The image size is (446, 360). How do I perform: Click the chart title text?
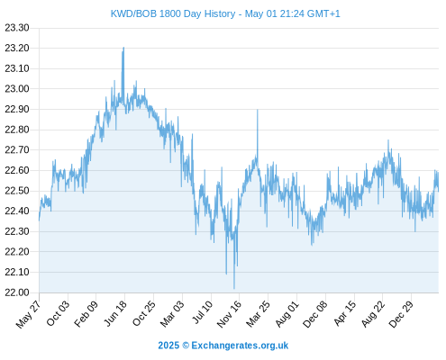(225, 13)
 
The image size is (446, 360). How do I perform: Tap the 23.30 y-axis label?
(17, 28)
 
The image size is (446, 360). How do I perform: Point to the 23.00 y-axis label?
(17, 89)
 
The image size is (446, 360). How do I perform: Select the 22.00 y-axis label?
(17, 292)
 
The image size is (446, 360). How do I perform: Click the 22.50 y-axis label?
(17, 191)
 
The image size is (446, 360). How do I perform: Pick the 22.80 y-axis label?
(17, 130)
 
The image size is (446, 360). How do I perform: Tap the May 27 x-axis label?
(28, 314)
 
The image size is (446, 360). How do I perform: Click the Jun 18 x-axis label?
(115, 313)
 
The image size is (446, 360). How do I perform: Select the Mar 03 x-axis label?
(172, 314)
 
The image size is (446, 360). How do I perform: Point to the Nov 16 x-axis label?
(229, 314)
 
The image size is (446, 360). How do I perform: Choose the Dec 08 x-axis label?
(315, 314)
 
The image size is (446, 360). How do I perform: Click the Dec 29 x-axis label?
(401, 314)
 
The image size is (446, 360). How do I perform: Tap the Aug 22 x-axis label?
(373, 314)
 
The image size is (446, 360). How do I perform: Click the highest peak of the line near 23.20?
(123, 48)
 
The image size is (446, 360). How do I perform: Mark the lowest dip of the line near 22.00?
(234, 288)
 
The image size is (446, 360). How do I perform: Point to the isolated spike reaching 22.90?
(258, 110)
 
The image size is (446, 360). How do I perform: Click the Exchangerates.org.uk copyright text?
(223, 346)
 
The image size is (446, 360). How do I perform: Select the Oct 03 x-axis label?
(58, 313)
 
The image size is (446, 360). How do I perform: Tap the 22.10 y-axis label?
(17, 272)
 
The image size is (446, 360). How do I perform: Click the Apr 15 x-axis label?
(345, 313)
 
